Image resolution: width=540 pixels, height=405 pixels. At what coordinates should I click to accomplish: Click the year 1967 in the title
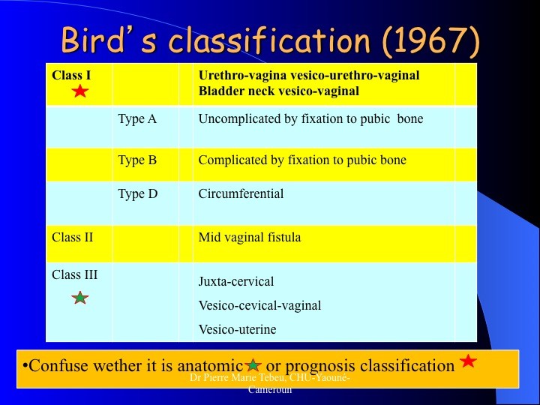click(x=430, y=40)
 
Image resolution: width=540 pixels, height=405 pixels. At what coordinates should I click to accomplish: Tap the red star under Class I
click(x=80, y=91)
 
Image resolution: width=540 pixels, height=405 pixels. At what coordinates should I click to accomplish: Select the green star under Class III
click(x=80, y=298)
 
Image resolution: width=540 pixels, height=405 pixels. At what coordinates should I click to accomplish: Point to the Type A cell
click(x=137, y=118)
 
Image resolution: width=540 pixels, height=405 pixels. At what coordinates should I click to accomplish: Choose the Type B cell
click(x=137, y=160)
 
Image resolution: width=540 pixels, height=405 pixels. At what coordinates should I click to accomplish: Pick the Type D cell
click(x=137, y=193)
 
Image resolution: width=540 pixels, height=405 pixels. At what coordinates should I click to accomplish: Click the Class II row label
click(x=72, y=237)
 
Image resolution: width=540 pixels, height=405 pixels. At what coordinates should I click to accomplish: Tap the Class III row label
click(x=75, y=274)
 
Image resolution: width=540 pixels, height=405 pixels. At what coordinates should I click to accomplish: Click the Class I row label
click(x=71, y=75)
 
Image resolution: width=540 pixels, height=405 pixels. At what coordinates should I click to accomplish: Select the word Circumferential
click(x=241, y=193)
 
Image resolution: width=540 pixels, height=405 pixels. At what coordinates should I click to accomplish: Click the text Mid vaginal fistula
click(x=250, y=237)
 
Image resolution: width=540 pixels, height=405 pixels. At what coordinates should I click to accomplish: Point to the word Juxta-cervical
click(x=236, y=282)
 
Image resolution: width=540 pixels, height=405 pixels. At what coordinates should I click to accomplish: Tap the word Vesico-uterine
click(x=237, y=329)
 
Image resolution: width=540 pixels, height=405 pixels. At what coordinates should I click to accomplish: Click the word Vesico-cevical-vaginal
click(x=259, y=305)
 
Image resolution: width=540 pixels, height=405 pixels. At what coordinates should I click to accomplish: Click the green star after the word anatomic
click(x=253, y=364)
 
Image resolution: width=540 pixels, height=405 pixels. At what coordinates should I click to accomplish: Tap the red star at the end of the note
click(x=469, y=361)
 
